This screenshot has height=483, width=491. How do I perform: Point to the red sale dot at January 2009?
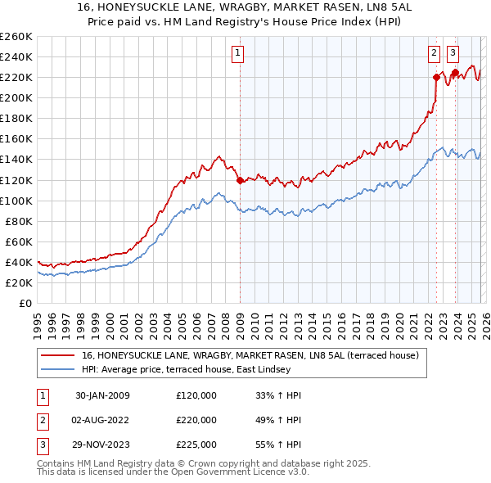click(240, 180)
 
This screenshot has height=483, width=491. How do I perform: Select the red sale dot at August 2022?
click(436, 77)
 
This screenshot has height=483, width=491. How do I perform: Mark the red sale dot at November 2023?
click(455, 72)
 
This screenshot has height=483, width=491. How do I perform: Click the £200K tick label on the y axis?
click(16, 97)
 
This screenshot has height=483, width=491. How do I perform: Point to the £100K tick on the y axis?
click(16, 201)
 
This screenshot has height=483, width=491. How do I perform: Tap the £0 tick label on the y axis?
click(25, 303)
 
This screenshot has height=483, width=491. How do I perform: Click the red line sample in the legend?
click(57, 355)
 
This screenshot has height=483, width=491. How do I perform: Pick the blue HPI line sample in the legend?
click(57, 369)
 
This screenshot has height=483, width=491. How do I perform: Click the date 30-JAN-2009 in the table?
click(102, 395)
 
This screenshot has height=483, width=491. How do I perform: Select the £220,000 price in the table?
click(196, 420)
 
